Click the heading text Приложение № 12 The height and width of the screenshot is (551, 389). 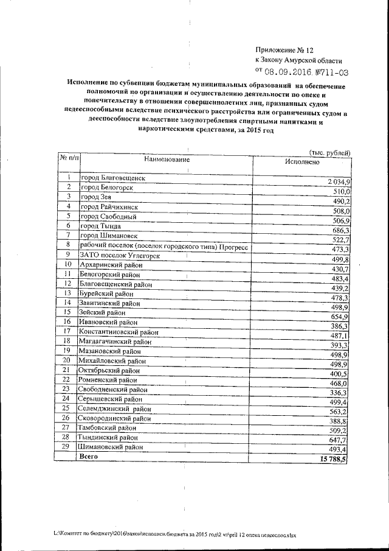tap(286, 49)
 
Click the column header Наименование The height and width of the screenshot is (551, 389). tap(167, 159)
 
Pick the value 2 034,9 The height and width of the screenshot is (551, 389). tap(333, 183)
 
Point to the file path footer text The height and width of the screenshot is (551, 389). tap(175, 535)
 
